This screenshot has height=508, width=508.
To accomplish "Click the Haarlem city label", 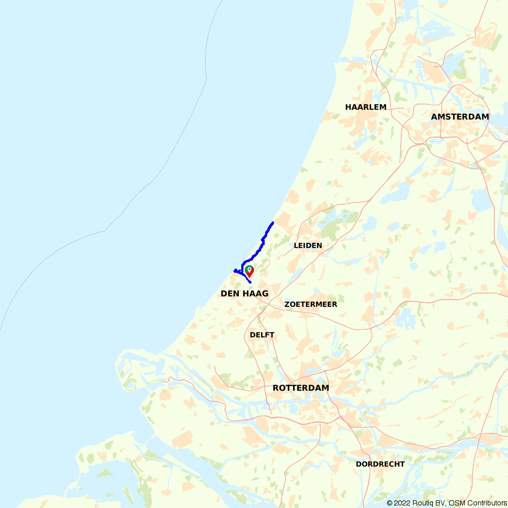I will click(x=366, y=107).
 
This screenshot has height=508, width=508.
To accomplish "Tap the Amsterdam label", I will click(x=460, y=117).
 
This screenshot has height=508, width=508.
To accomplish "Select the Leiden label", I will click(x=308, y=245).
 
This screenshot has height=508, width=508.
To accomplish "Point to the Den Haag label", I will click(x=244, y=294).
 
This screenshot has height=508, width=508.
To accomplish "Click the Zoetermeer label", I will click(x=311, y=304).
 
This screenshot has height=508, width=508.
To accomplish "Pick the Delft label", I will click(x=262, y=335).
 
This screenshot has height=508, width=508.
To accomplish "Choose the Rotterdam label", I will click(x=301, y=388).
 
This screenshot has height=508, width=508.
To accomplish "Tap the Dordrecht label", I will click(x=380, y=464).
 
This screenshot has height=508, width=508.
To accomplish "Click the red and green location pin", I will click(x=249, y=271).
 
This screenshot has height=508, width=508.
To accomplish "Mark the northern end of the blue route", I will click(x=273, y=223).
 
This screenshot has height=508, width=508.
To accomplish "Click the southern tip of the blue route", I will click(x=250, y=282).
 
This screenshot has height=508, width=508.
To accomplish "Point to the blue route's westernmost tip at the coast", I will click(x=234, y=270).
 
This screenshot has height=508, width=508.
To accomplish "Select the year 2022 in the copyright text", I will click(x=403, y=503).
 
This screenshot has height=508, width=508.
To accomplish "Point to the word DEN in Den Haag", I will click(x=229, y=294).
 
